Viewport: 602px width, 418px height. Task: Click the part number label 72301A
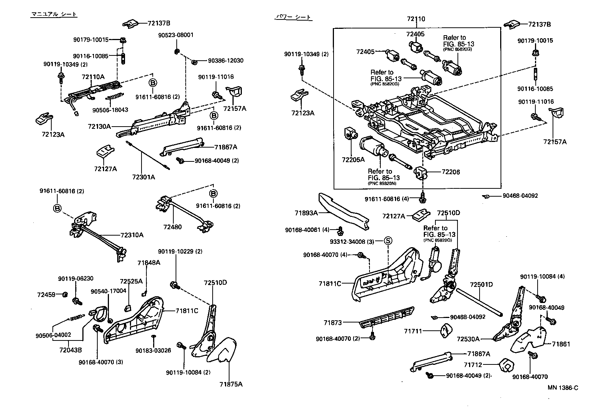(143, 177)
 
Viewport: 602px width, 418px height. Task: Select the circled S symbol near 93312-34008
(388, 241)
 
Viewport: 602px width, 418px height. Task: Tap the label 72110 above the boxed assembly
(416, 19)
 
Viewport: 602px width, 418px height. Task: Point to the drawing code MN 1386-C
(563, 388)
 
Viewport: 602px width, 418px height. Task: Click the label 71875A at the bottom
(231, 384)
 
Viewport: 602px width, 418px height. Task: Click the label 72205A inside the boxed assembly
(353, 160)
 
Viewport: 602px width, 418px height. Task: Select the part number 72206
(451, 172)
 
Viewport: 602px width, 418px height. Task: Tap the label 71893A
(306, 213)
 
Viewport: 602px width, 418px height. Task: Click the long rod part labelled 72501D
(479, 303)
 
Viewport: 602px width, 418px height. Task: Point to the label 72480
(172, 227)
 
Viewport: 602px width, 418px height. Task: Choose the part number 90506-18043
(110, 110)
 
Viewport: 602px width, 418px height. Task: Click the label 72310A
(132, 235)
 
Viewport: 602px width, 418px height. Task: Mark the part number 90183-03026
(153, 351)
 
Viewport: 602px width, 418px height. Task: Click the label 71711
(413, 331)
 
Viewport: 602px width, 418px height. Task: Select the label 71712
(473, 365)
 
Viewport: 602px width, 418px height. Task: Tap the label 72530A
(468, 339)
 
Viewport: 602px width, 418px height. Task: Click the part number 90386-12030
(226, 60)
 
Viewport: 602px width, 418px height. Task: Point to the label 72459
(46, 294)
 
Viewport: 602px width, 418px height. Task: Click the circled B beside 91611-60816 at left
(57, 208)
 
